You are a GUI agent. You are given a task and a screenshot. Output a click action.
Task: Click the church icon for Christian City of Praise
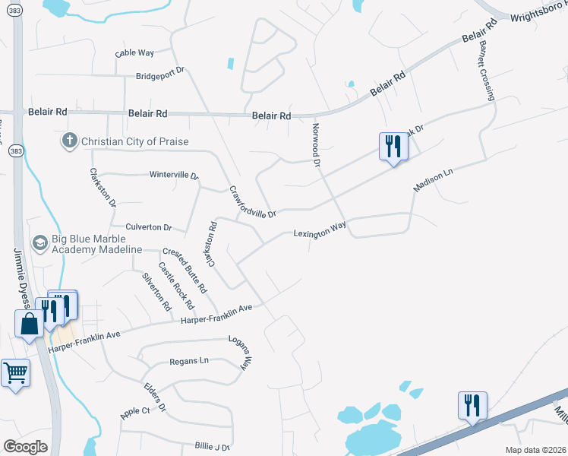70,141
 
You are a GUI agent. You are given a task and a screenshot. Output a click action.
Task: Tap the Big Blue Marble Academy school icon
39,243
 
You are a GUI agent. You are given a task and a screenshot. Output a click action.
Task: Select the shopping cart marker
15,373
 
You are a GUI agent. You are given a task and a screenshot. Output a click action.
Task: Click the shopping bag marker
29,324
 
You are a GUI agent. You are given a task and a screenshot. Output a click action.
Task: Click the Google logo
26,446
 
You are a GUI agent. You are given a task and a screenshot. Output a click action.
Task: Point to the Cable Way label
134,53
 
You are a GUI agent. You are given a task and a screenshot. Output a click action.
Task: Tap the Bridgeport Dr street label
160,74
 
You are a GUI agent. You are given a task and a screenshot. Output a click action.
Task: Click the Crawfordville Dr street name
252,203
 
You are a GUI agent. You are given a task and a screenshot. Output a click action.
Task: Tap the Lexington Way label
320,229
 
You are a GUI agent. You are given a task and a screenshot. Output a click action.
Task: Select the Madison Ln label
433,180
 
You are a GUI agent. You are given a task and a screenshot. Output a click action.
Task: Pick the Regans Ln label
188,360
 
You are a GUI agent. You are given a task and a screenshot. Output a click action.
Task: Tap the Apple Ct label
134,412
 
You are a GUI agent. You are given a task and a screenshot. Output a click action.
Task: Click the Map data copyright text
536,448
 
